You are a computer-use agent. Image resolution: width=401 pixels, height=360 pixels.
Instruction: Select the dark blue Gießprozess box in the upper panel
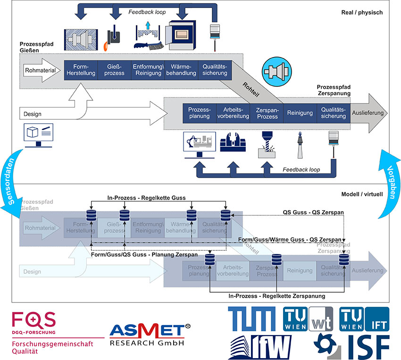point(115,70)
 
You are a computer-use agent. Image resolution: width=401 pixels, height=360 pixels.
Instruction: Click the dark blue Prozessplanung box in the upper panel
point(199,112)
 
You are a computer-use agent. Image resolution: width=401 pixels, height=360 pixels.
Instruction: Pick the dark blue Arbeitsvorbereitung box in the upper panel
point(233,112)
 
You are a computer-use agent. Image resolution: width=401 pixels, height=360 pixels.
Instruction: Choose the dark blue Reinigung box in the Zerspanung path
point(300,113)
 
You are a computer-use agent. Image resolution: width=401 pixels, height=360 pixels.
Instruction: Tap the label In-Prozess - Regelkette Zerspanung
point(276,296)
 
